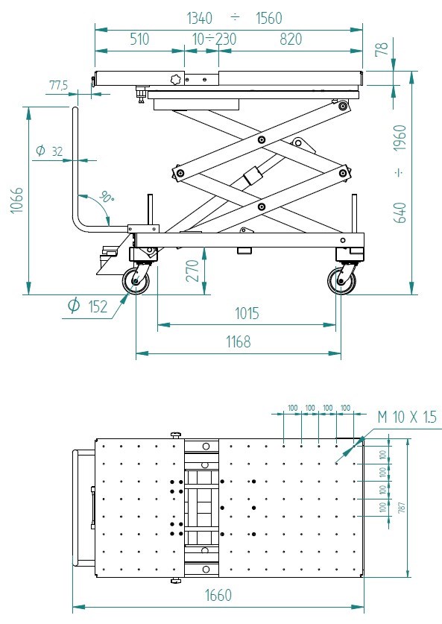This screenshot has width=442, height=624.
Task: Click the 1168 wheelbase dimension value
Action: pyautogui.click(x=239, y=341)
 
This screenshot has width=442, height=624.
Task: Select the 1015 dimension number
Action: pyautogui.click(x=247, y=313)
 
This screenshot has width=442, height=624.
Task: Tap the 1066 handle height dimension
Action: pyautogui.click(x=17, y=201)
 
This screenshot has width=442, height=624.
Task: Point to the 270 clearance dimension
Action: pyautogui.click(x=193, y=271)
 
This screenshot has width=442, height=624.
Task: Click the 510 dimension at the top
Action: pyautogui.click(x=139, y=39)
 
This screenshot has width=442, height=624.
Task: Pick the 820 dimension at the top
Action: pyautogui.click(x=291, y=39)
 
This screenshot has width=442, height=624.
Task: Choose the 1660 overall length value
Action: pyautogui.click(x=218, y=596)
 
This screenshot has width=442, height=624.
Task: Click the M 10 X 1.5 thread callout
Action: pyautogui.click(x=407, y=417)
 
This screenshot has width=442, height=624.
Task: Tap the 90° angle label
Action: pyautogui.click(x=107, y=197)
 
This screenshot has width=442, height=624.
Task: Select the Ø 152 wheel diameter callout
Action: pyautogui.click(x=87, y=306)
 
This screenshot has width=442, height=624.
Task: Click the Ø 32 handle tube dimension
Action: pyautogui.click(x=49, y=151)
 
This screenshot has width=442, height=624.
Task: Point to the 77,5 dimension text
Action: pyautogui.click(x=58, y=85)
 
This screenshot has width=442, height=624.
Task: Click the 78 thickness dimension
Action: pyautogui.click(x=382, y=48)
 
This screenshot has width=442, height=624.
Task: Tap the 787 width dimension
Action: pyautogui.click(x=402, y=507)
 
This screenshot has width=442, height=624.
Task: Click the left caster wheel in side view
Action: pyautogui.click(x=136, y=281)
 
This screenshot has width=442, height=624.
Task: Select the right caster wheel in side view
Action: pyautogui.click(x=341, y=281)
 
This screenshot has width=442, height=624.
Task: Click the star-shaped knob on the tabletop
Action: pyautogui.click(x=175, y=80)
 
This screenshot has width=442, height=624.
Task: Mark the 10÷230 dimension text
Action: pyautogui.click(x=215, y=39)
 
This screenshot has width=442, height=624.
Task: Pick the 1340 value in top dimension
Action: pyautogui.click(x=200, y=18)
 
